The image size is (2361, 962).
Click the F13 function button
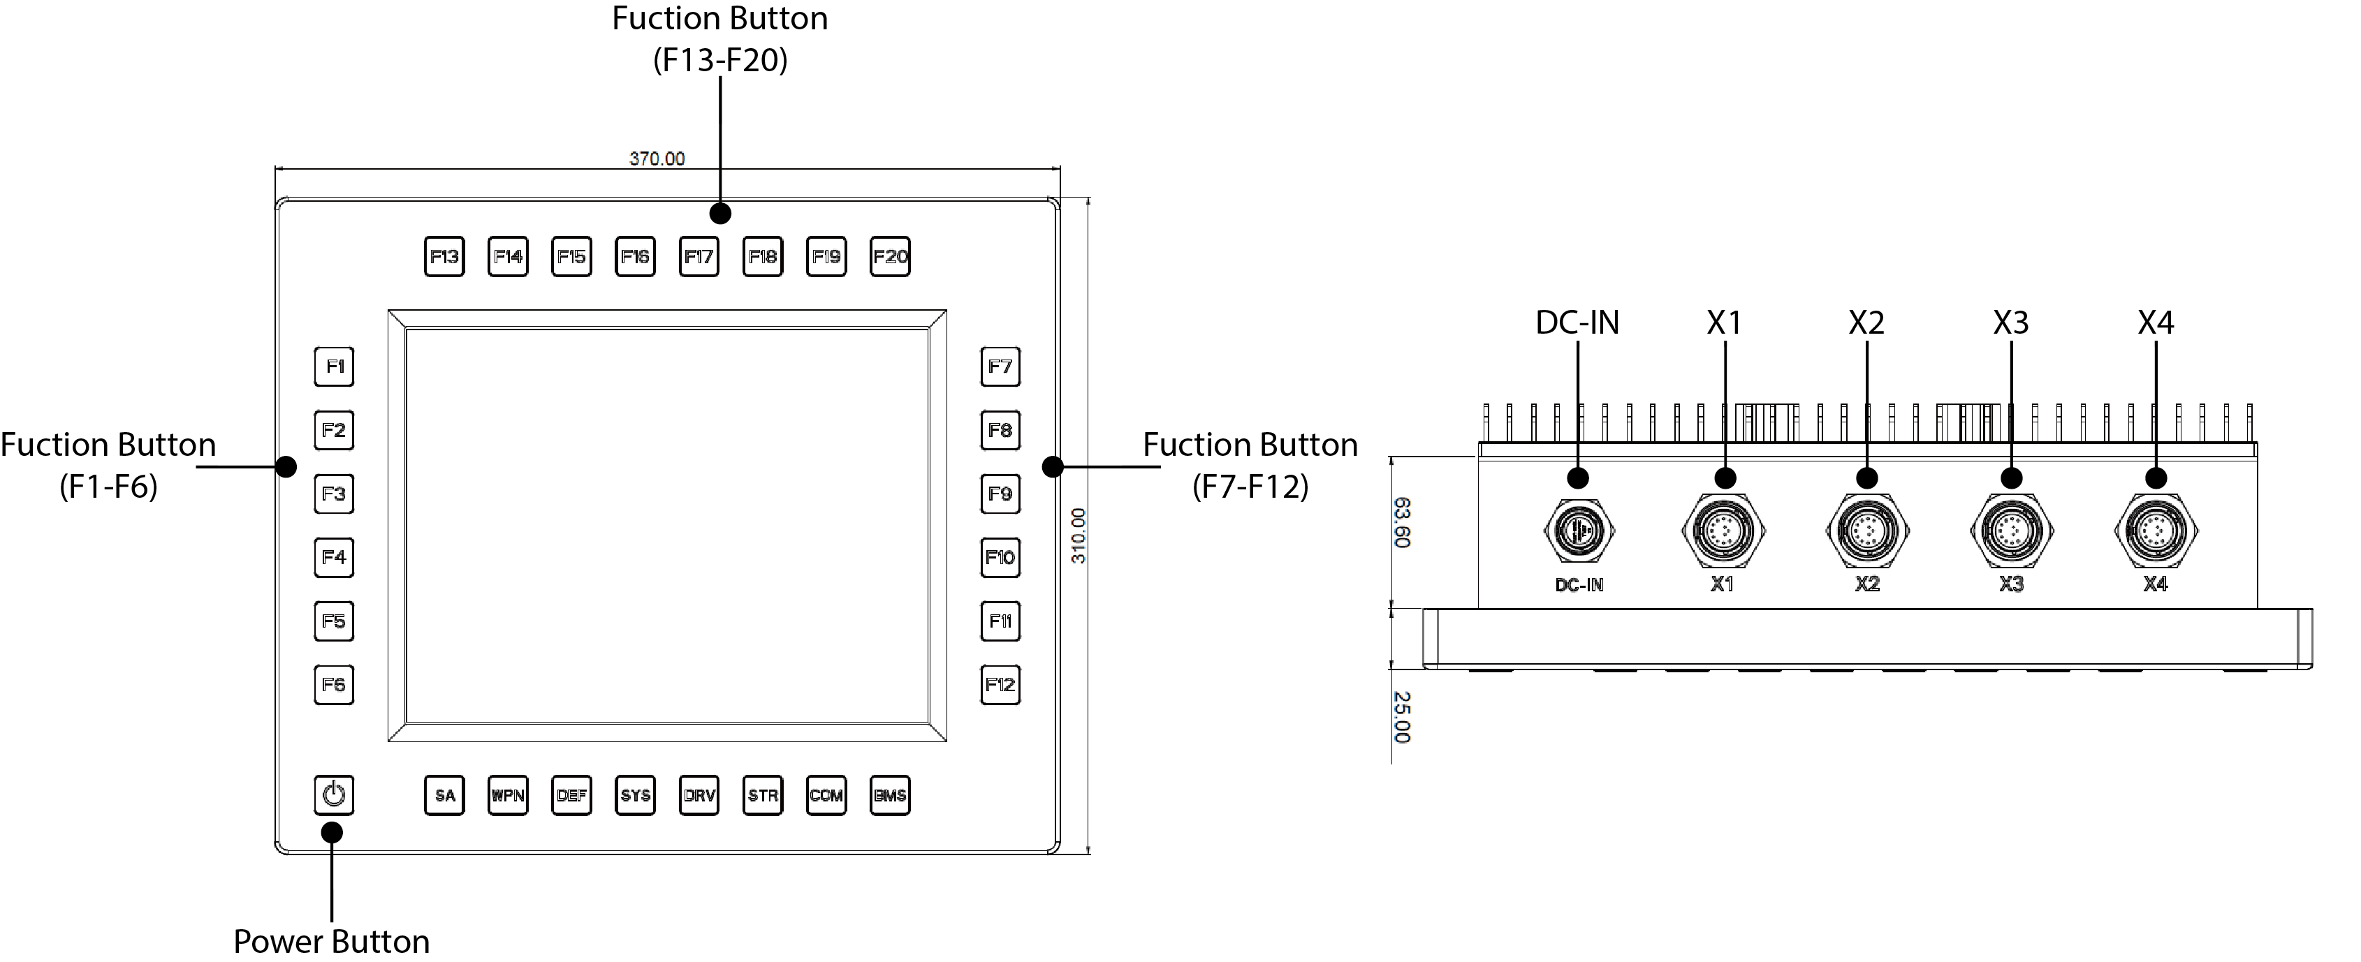(444, 256)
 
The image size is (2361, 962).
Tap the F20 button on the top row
(890, 256)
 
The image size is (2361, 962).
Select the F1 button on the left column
(334, 367)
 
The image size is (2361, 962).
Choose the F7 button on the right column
(1000, 367)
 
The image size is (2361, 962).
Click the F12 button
(1000, 684)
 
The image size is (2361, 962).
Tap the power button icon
(334, 794)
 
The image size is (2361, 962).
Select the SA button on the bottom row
(444, 795)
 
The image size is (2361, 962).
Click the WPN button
(508, 795)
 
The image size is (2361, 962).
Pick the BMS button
(890, 795)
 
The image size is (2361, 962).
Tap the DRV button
(699, 795)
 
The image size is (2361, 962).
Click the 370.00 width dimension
(656, 158)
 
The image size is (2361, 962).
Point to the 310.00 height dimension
(1078, 536)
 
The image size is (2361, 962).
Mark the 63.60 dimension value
(1401, 522)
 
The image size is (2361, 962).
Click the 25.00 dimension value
(1401, 718)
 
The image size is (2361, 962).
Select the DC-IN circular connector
(1578, 531)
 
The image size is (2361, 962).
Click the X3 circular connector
(2012, 531)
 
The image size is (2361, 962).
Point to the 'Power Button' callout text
(331, 941)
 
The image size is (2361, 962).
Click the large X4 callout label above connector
(2156, 323)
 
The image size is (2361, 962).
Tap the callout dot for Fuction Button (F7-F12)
(1052, 466)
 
